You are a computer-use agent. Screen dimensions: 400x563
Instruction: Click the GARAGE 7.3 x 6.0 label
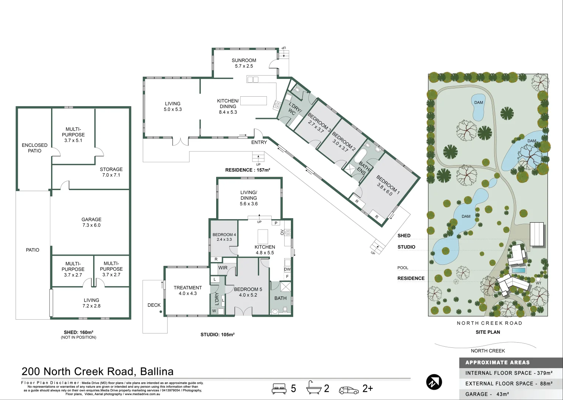tap(91, 222)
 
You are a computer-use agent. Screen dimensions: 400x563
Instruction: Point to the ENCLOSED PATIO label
tap(34, 148)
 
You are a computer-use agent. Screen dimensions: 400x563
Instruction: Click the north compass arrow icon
tap(434, 382)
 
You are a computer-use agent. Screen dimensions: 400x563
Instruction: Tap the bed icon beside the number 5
tap(279, 389)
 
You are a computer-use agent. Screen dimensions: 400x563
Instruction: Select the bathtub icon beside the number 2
tap(314, 388)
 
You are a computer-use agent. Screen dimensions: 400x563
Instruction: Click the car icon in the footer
tap(349, 390)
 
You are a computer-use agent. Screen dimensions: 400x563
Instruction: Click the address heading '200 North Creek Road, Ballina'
tap(97, 371)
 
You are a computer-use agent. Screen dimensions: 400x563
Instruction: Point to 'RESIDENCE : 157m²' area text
tap(248, 170)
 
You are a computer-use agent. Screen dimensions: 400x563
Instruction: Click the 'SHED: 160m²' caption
tap(78, 332)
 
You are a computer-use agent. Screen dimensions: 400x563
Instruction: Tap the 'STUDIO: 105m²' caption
tap(218, 334)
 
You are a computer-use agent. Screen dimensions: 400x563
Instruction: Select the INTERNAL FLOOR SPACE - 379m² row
tap(509, 373)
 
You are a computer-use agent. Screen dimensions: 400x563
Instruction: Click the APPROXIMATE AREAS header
tap(497, 363)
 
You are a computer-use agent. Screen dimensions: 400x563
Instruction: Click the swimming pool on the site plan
tap(519, 270)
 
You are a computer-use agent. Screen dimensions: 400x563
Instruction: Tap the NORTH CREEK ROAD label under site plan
tap(489, 323)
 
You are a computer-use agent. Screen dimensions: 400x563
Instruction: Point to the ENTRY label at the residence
tap(259, 142)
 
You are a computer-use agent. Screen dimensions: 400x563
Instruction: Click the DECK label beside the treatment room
tap(154, 305)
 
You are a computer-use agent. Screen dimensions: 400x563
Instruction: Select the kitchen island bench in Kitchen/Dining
tap(254, 101)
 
